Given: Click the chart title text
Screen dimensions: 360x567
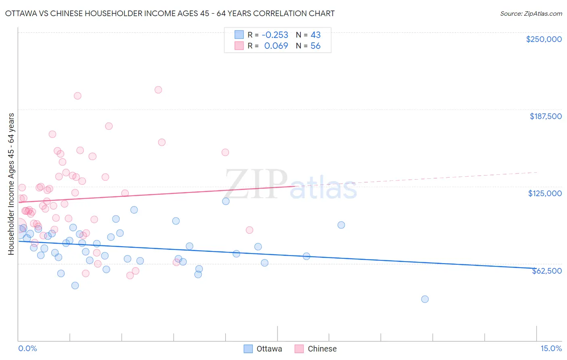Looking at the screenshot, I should click(169, 13).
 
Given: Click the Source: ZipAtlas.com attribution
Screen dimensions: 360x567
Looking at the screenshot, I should click(531, 13).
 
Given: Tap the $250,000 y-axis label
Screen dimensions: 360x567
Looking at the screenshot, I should click(544, 39).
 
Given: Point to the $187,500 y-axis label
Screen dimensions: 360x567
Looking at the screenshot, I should click(545, 116).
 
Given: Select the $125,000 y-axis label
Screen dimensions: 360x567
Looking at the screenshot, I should click(545, 193).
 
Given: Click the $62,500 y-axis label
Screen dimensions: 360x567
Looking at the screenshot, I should click(547, 271).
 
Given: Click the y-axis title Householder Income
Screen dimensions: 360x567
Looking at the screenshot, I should click(11, 184).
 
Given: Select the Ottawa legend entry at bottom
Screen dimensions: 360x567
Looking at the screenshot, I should click(263, 349).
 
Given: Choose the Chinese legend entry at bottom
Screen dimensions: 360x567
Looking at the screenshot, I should click(316, 349).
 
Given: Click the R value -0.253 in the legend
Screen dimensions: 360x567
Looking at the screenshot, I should click(275, 35).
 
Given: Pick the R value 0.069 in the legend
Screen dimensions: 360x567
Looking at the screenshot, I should click(276, 46).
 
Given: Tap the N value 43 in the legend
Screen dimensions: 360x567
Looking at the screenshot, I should click(315, 35).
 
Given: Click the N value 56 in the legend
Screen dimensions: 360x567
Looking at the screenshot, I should click(315, 46).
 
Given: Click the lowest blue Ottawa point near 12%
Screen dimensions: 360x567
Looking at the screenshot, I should click(425, 299).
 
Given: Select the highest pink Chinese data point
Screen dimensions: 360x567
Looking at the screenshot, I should click(158, 90).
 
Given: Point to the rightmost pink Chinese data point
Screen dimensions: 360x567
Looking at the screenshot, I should click(249, 230).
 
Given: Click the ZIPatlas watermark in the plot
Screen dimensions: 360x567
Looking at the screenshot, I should click(290, 185).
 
